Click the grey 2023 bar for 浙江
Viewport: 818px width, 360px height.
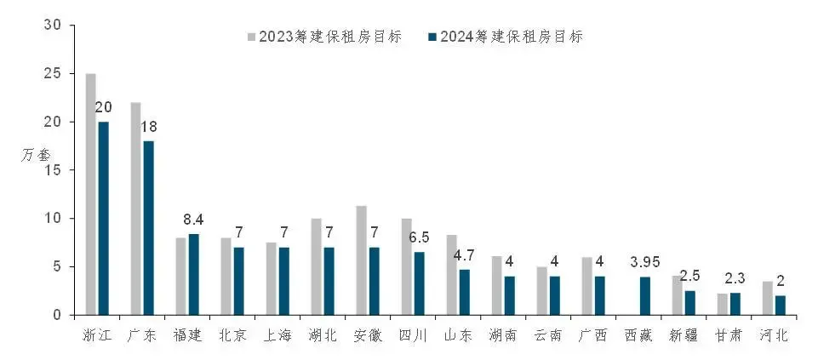click(x=91, y=194)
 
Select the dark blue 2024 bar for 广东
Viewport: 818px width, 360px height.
click(x=148, y=228)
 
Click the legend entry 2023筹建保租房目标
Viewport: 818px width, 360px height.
click(x=324, y=37)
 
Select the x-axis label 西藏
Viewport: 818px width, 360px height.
click(x=639, y=335)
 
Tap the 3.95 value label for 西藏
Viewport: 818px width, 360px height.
click(x=644, y=262)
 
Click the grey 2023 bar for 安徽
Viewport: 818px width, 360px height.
click(x=361, y=260)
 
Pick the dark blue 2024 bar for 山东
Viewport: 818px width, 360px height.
click(x=464, y=292)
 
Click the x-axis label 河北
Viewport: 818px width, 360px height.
click(x=775, y=335)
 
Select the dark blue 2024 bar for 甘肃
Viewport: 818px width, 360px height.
click(x=735, y=304)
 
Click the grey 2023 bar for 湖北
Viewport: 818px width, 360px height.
click(x=316, y=266)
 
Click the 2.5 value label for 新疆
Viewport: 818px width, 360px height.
click(x=690, y=277)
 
